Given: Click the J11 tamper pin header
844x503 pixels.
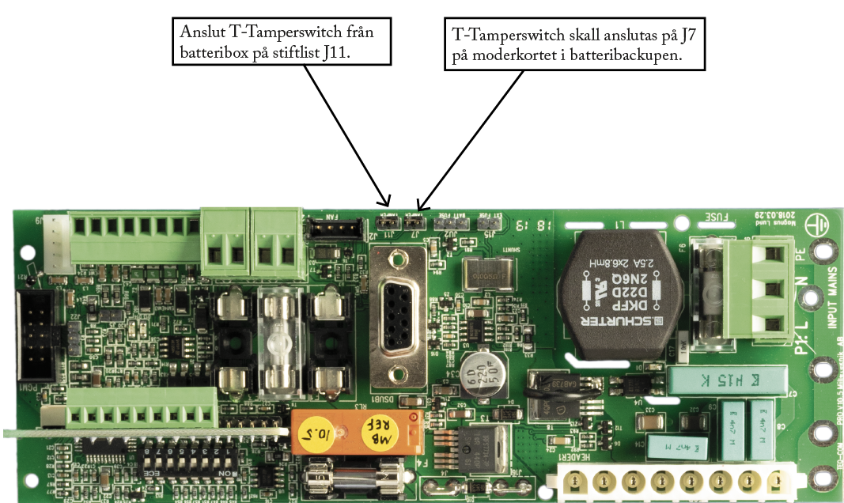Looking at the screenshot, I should [388, 224].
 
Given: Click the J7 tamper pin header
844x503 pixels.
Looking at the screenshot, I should [414, 224].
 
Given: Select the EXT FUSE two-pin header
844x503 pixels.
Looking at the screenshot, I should [489, 224].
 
